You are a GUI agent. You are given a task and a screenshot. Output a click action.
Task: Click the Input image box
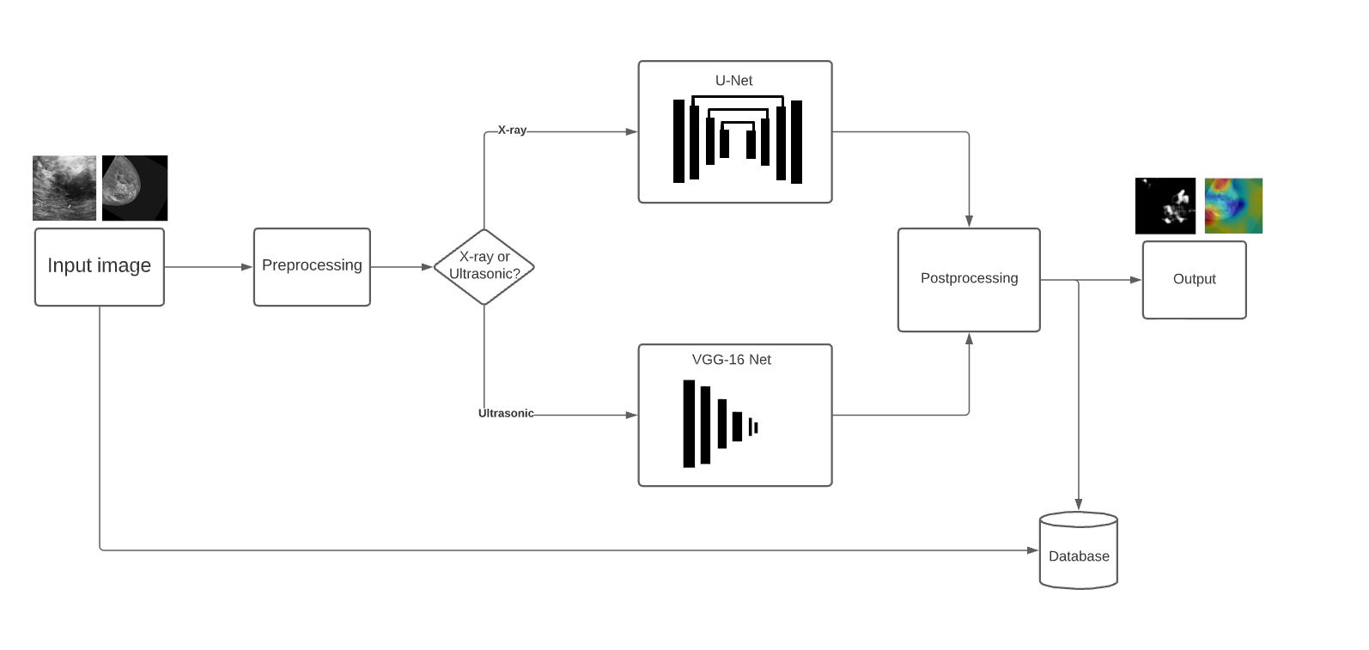click(99, 266)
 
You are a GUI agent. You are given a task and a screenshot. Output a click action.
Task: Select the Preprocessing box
click(312, 266)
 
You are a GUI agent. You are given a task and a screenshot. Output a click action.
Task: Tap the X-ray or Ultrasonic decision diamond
click(484, 266)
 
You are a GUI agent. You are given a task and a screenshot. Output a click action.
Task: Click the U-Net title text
click(733, 81)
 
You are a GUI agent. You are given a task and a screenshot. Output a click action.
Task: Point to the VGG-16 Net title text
click(732, 360)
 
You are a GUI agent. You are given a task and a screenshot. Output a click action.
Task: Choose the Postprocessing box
click(969, 279)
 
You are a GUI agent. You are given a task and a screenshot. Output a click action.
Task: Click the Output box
click(1194, 279)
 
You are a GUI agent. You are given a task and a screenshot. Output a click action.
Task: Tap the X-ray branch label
click(512, 131)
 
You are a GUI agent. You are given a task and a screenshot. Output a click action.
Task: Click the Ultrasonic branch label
click(506, 413)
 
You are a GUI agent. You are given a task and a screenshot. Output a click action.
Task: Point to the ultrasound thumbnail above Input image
click(64, 188)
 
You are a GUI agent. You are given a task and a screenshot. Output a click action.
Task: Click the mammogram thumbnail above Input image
click(135, 188)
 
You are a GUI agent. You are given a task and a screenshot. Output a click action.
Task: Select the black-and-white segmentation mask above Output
click(1165, 206)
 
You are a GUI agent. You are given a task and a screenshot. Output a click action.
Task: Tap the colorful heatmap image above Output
click(1233, 206)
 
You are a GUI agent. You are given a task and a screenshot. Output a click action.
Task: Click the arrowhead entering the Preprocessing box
click(247, 267)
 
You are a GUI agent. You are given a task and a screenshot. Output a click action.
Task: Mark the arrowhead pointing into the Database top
click(1078, 506)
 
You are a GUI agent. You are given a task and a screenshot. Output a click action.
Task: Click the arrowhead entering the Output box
click(1136, 280)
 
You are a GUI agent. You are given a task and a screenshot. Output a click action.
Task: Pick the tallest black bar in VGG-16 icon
click(689, 423)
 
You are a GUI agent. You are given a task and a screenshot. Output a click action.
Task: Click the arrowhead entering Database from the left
click(1033, 550)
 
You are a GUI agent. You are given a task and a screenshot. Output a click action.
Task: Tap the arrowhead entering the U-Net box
click(632, 131)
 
